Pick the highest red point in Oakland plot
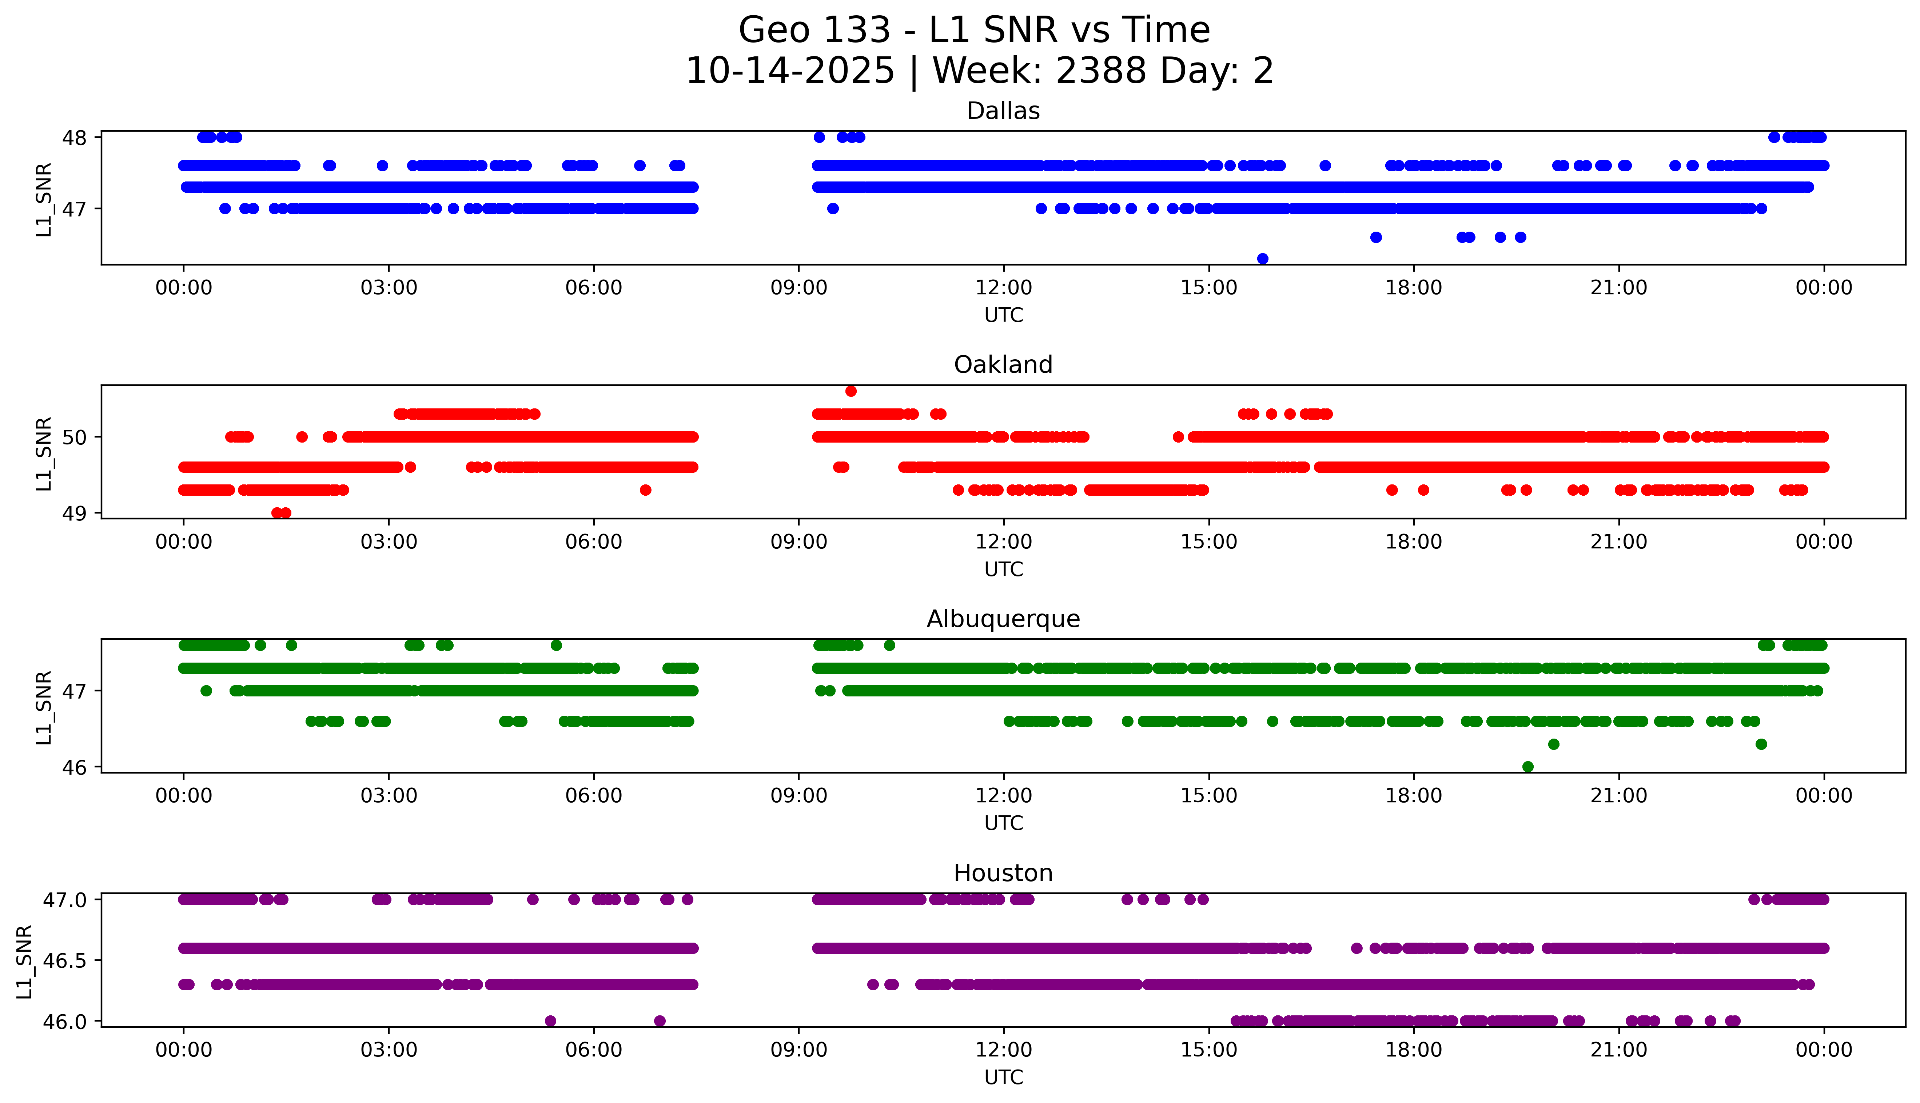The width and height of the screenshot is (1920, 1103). pyautogui.click(x=851, y=391)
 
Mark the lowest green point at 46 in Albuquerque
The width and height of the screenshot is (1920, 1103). pyautogui.click(x=1527, y=767)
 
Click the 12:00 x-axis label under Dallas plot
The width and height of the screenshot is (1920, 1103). pyautogui.click(x=1003, y=288)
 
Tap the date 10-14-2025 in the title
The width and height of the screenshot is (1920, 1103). pyautogui.click(x=790, y=71)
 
